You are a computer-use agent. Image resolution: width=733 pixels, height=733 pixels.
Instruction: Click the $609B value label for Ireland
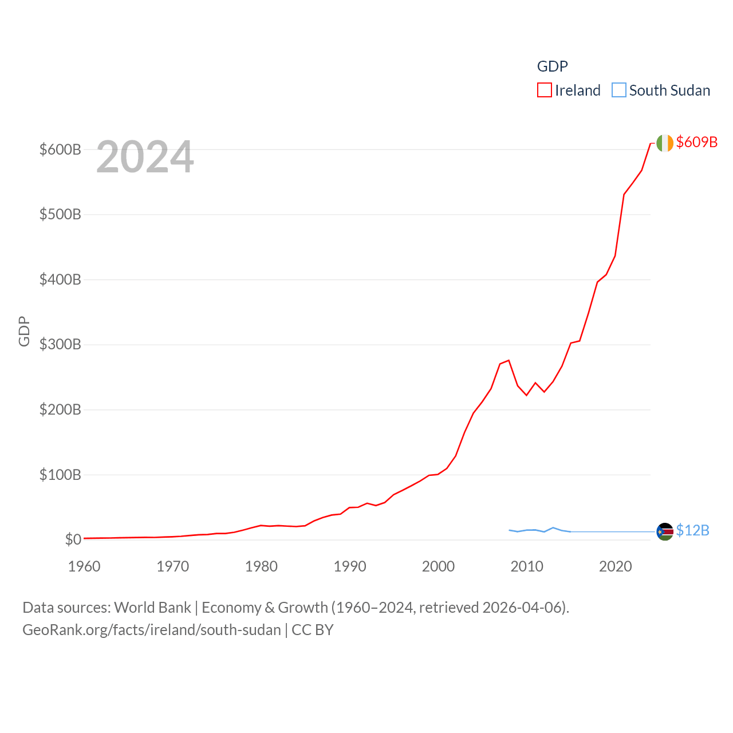pos(696,142)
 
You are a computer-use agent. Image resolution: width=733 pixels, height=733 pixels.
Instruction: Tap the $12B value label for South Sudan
pos(692,531)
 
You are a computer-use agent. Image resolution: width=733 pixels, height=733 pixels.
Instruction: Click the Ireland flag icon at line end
pos(665,143)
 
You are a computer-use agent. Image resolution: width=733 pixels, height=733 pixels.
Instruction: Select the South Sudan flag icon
pos(665,532)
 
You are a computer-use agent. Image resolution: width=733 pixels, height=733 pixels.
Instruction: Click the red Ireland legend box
pos(545,90)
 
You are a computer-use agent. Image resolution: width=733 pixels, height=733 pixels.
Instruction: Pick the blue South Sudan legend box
pos(619,90)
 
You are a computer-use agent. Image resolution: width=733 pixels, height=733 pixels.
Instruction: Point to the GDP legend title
pos(552,66)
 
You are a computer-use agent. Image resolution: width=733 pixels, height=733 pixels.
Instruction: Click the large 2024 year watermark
pos(145,157)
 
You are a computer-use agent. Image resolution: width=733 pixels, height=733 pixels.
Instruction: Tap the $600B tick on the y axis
pos(60,149)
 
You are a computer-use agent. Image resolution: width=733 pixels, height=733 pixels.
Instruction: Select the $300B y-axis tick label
pos(60,344)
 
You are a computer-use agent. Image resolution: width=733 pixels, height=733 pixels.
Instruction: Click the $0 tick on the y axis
pos(73,539)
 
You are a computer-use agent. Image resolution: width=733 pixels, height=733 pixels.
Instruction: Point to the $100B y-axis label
pos(60,475)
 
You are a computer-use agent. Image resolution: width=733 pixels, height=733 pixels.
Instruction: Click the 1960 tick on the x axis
pos(84,566)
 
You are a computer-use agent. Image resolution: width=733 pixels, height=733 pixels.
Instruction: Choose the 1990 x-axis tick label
pos(350,566)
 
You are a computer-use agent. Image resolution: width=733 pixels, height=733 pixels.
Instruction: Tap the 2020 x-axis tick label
pos(616,566)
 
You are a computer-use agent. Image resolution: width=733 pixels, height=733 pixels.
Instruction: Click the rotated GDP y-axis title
pos(24,331)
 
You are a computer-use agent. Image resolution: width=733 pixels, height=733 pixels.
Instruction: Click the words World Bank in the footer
pos(153,608)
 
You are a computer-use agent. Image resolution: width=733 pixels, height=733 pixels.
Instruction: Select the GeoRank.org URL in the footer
pos(152,630)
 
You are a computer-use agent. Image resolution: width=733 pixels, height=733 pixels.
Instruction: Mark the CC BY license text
pos(313,630)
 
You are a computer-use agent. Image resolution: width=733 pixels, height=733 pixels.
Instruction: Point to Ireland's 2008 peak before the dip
pos(509,360)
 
